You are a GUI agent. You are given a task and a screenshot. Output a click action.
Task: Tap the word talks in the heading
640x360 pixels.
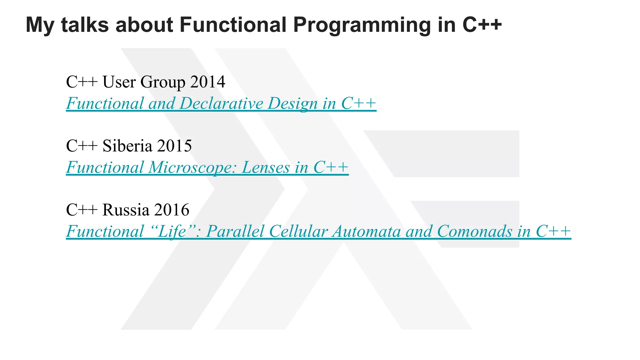(85, 25)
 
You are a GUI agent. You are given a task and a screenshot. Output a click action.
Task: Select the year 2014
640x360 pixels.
(207, 82)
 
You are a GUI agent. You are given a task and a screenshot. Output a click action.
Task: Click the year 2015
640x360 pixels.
(174, 146)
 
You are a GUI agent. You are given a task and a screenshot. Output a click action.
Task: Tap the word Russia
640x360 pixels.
(126, 210)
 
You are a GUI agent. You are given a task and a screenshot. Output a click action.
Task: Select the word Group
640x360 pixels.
(162, 82)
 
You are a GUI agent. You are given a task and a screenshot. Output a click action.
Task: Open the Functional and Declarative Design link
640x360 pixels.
(221, 103)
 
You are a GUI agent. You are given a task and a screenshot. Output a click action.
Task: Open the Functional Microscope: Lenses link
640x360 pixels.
(207, 167)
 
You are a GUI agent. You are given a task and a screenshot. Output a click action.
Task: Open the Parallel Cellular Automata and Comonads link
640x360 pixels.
(318, 232)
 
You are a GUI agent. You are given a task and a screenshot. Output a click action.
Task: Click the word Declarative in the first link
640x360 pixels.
(221, 103)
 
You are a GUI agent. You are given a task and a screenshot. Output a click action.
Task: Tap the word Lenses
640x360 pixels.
(266, 167)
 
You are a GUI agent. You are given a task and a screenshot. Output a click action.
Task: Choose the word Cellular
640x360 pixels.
(298, 232)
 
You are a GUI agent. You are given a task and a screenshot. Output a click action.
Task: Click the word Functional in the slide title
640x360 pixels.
(233, 25)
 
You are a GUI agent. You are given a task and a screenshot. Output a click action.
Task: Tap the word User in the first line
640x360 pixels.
(119, 82)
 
